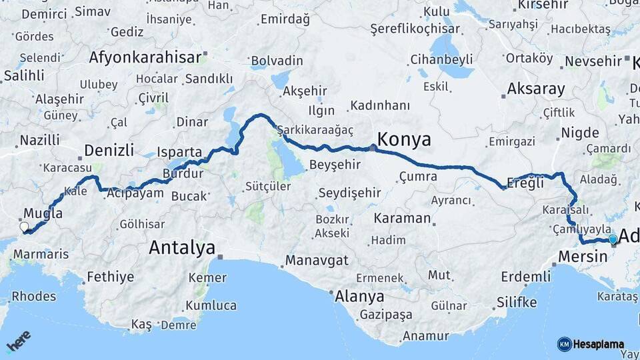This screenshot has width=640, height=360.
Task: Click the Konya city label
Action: [x=403, y=139]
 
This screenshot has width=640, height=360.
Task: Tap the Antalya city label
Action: [x=181, y=248]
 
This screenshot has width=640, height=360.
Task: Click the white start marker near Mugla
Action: [x=25, y=227]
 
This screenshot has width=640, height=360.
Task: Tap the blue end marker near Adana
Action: [x=613, y=239]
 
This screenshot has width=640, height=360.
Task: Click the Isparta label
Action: [x=179, y=152]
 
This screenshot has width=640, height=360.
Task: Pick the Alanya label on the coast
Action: [x=359, y=296]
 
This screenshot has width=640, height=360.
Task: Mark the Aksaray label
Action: [x=535, y=89]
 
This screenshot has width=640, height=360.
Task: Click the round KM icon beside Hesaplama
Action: [x=564, y=344]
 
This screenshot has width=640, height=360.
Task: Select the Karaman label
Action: [x=402, y=218]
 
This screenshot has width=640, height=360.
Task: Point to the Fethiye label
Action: [x=110, y=277]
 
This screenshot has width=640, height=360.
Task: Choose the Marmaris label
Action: [x=41, y=254]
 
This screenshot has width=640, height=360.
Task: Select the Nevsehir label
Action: [x=593, y=61]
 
